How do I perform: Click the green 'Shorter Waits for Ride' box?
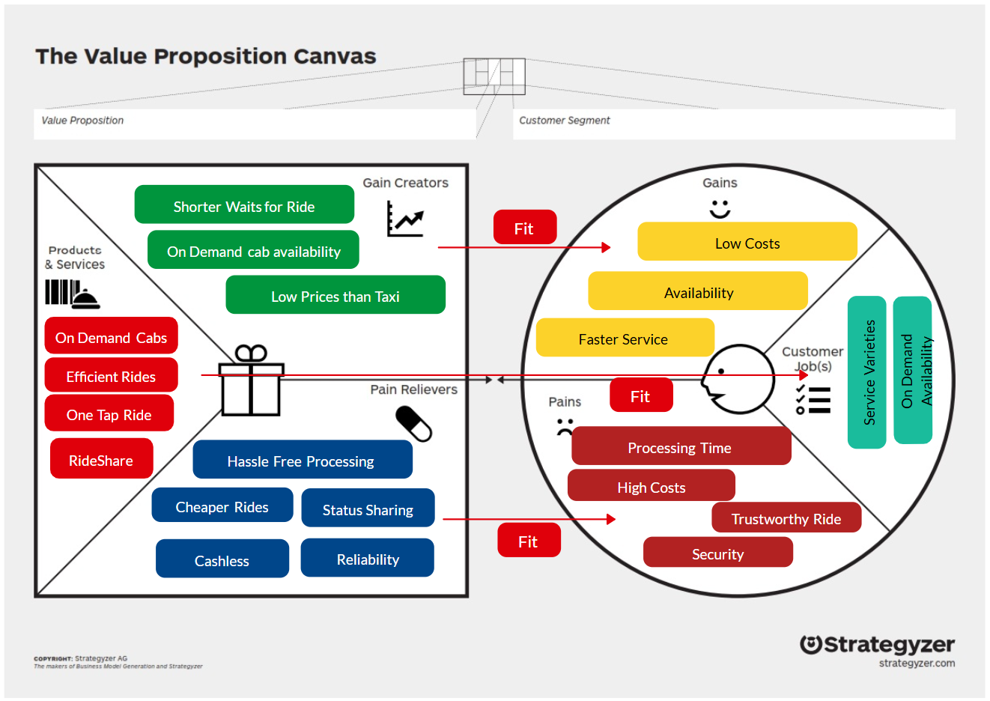pos(244,204)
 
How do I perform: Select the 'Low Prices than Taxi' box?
pos(335,294)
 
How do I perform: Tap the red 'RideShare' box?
pos(102,458)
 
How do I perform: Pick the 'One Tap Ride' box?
pos(109,413)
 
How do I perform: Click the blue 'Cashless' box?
pos(222,558)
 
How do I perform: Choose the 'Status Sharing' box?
pos(368,508)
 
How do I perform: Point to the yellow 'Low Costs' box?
pos(747,241)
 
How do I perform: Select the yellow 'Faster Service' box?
pos(625,337)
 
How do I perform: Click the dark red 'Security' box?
pos(717,552)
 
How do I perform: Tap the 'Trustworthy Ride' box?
pos(786,517)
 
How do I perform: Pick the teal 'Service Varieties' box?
pos(866,372)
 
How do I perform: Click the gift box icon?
pos(251,380)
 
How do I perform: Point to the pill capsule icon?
pos(413,424)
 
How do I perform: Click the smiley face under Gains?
pos(720,209)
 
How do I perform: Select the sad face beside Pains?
pos(565,427)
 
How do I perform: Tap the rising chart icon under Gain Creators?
pos(405,219)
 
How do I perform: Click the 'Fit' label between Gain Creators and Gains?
pos(525,227)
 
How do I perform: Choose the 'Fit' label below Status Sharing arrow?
pos(529,540)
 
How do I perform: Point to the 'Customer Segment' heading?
pos(565,121)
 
